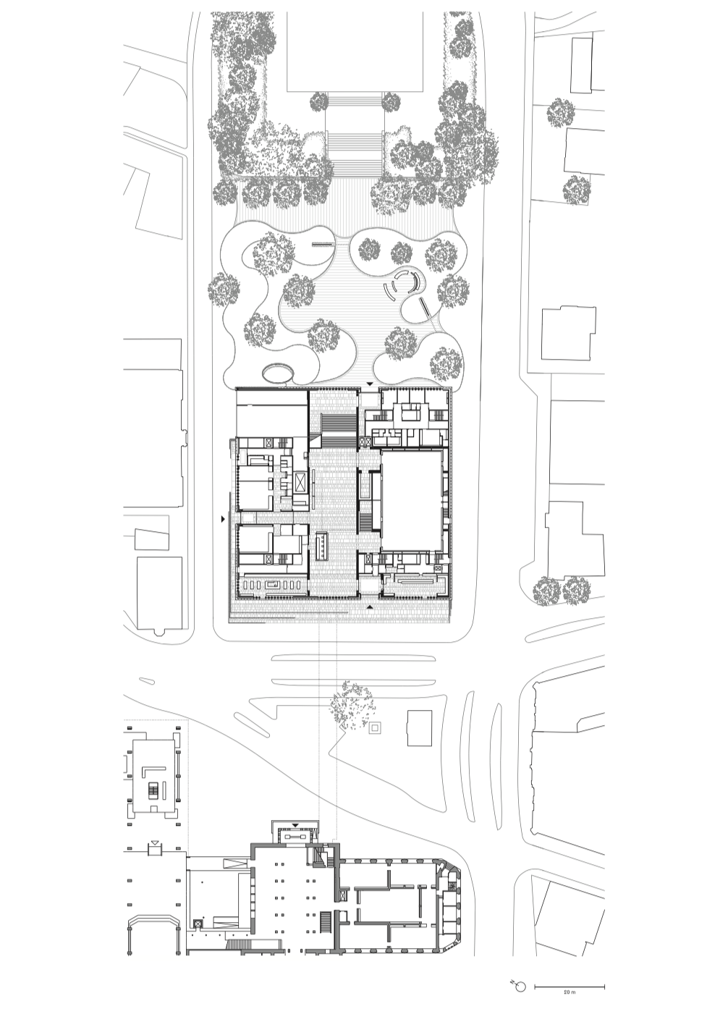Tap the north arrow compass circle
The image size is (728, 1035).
coord(521,984)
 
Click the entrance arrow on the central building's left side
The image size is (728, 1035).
coord(223,519)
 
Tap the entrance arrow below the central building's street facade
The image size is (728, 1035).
coord(369,607)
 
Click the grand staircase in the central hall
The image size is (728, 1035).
coord(339,431)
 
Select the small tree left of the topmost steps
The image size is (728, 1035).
coord(318,101)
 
